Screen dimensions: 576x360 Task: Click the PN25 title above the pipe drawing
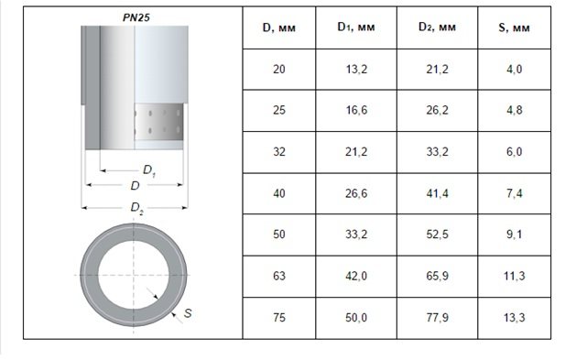(136, 17)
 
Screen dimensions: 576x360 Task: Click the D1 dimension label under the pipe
(149, 170)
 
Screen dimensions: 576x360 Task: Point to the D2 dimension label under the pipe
(136, 208)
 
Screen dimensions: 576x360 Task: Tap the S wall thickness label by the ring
(188, 313)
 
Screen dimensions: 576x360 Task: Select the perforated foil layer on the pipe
(158, 122)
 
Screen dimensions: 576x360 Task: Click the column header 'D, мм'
(278, 27)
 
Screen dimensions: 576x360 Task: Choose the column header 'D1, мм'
(356, 27)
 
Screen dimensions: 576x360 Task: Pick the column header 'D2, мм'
(437, 27)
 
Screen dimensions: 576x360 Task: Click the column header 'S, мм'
(514, 27)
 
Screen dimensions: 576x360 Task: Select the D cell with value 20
(279, 69)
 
